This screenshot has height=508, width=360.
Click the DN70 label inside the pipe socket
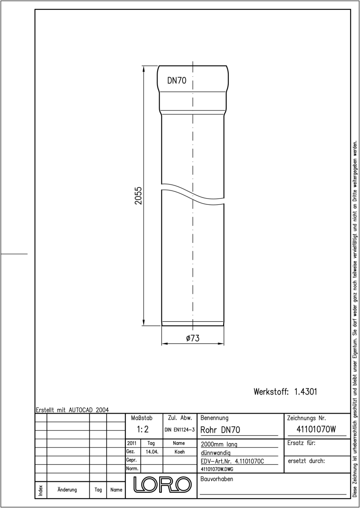[x=177, y=80]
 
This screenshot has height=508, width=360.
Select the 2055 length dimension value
[x=138, y=196]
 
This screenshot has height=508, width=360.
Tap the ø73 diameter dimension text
[x=193, y=338]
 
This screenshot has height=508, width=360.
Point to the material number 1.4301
[x=305, y=392]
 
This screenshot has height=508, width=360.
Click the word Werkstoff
[x=271, y=392]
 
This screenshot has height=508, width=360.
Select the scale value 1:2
[x=142, y=429]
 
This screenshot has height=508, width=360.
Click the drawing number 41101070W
[x=316, y=429]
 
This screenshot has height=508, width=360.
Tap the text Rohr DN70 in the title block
[x=220, y=430]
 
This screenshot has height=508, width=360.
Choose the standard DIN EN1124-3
[x=180, y=430]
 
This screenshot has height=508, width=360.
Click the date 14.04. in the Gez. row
[x=152, y=452]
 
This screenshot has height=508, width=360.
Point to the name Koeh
[x=180, y=452]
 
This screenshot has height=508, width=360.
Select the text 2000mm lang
[x=219, y=444]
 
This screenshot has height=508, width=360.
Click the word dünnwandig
[x=216, y=453]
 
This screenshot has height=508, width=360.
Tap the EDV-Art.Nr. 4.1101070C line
[x=232, y=461]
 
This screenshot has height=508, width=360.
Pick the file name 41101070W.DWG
[x=217, y=469]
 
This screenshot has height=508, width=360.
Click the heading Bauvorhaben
[x=216, y=479]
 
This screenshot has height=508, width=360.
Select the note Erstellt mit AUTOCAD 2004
[x=72, y=410]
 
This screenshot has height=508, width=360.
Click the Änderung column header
[x=67, y=490]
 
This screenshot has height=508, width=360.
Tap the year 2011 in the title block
[x=132, y=443]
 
